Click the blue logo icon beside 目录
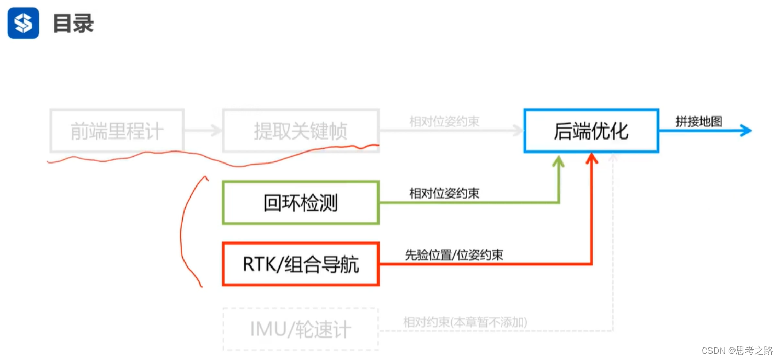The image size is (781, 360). tap(23, 23)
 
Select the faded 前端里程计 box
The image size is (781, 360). tap(117, 131)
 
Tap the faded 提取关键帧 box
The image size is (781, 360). tap(301, 131)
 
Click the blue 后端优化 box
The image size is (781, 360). tap(591, 131)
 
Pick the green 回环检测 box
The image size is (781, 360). tap(301, 203)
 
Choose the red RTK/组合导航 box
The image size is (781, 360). tap(301, 264)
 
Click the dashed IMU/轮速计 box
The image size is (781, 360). tap(301, 329)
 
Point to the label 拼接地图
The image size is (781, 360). tap(698, 121)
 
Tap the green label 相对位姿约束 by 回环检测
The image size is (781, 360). tap(444, 194)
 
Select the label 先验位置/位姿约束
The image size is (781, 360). tap(454, 255)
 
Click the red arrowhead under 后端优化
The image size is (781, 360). tap(591, 158)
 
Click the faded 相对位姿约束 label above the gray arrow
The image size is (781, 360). tap(444, 122)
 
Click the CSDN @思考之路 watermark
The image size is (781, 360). tap(737, 350)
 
